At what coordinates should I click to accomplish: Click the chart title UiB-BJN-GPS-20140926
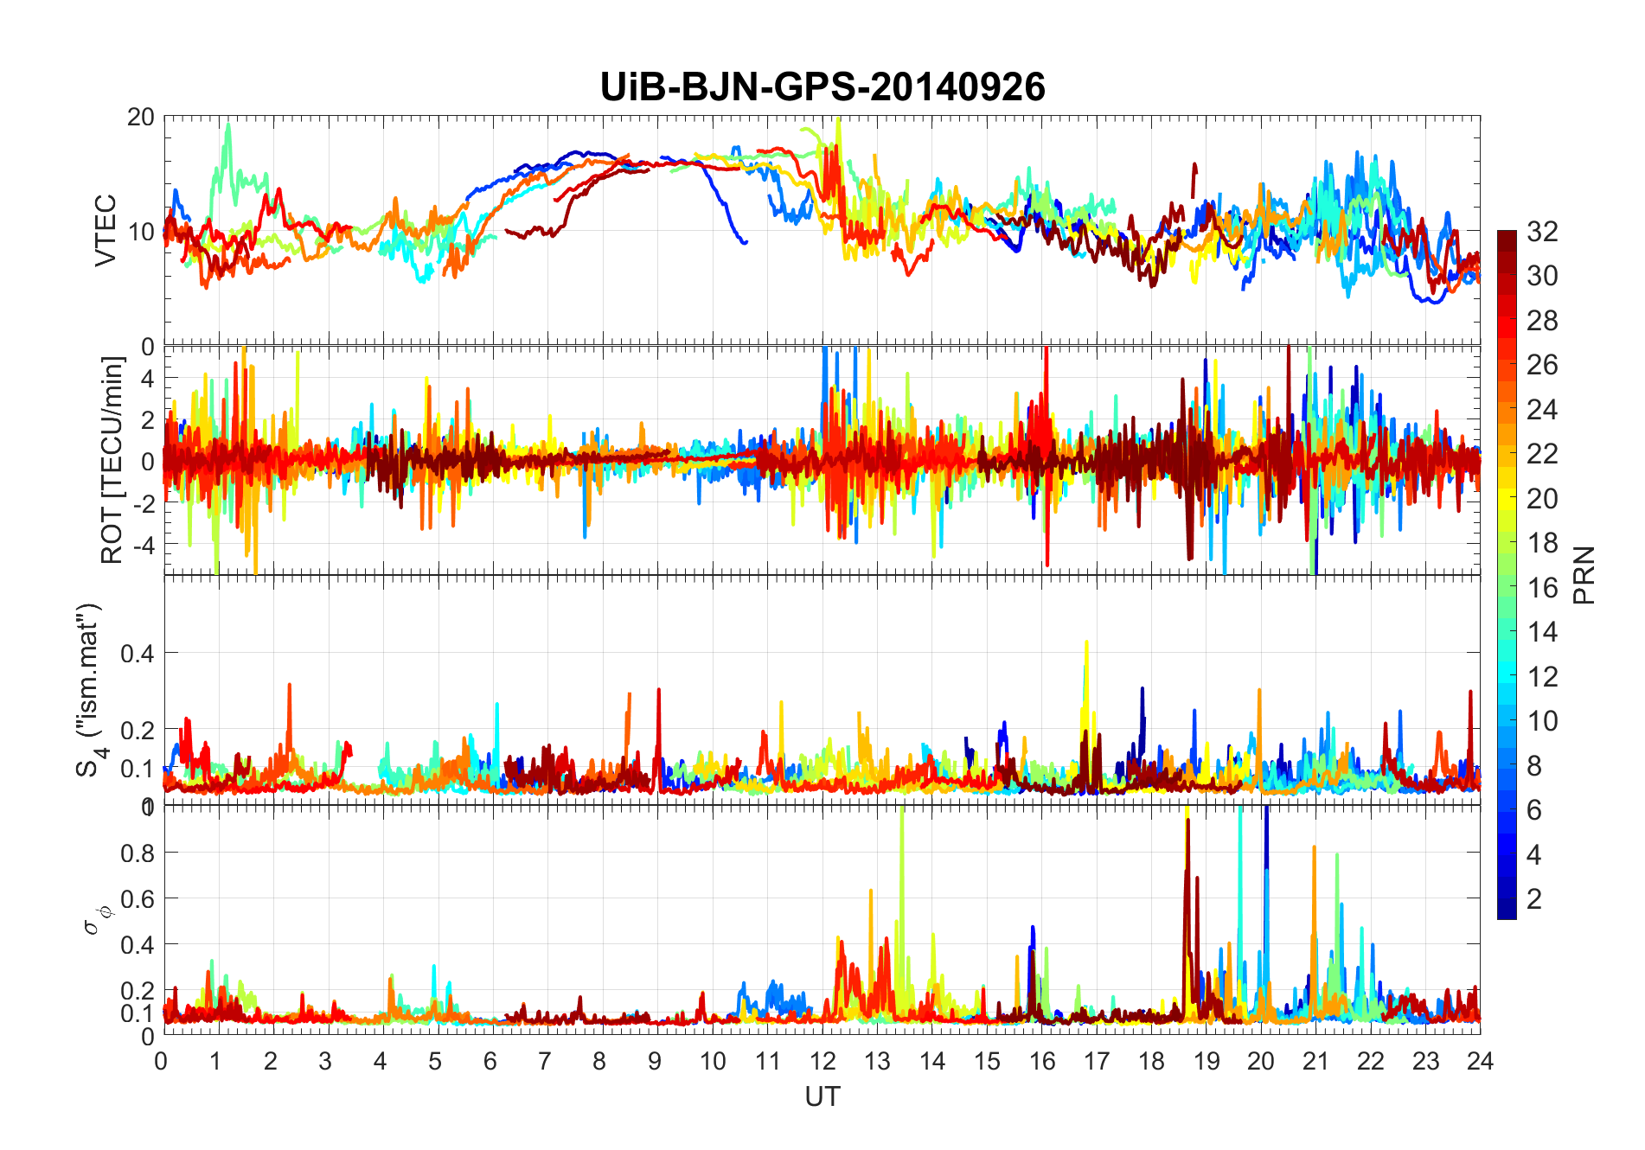pyautogui.click(x=822, y=87)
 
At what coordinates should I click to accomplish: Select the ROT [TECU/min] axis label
pyautogui.click(x=112, y=460)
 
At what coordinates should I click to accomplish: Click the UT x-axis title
pyautogui.click(x=822, y=1097)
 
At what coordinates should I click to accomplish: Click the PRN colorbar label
pyautogui.click(x=1584, y=575)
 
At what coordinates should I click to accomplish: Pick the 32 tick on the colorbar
pyautogui.click(x=1542, y=231)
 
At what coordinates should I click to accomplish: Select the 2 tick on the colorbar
pyautogui.click(x=1534, y=899)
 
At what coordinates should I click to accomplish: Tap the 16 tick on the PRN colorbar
pyautogui.click(x=1542, y=588)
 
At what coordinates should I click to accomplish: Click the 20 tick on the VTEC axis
pyautogui.click(x=141, y=118)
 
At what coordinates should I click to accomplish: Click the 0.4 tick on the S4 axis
pyautogui.click(x=138, y=653)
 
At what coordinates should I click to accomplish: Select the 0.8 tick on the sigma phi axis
pyautogui.click(x=138, y=853)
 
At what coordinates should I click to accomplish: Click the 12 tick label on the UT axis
pyautogui.click(x=822, y=1062)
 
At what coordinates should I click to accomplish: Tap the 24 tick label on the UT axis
pyautogui.click(x=1480, y=1062)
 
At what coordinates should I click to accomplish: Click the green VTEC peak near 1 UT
pyautogui.click(x=228, y=125)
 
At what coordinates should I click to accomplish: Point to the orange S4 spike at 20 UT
pyautogui.click(x=1259, y=691)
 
